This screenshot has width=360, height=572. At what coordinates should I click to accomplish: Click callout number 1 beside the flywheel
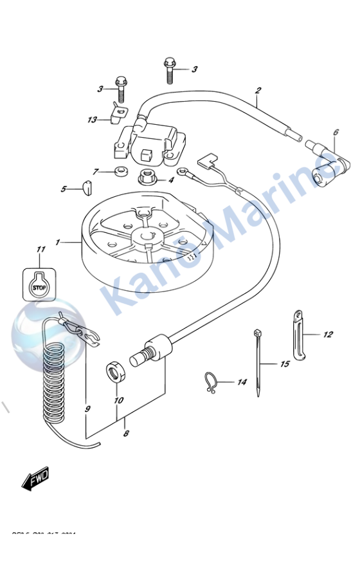point(58,243)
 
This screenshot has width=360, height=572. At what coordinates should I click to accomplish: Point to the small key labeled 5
point(86,188)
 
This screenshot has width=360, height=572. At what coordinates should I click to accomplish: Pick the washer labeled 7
point(119,172)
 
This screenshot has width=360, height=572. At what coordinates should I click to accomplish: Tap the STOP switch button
point(40,288)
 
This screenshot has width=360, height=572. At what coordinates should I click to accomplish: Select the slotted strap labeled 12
point(298,335)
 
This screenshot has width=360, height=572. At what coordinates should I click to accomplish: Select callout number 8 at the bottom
point(126,434)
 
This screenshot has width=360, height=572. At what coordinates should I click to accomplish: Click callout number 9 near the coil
point(87,409)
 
